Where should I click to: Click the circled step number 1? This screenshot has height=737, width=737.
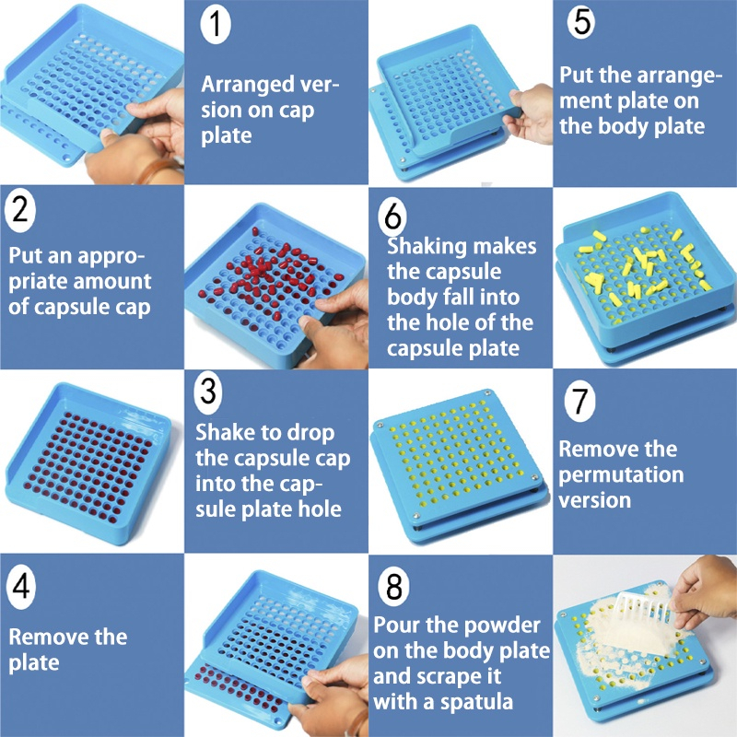(x=216, y=23)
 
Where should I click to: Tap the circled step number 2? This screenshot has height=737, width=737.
(x=20, y=210)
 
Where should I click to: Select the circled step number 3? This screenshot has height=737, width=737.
(x=209, y=392)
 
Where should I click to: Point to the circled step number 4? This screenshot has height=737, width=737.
(x=20, y=587)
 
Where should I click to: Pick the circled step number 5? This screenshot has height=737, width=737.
(x=581, y=22)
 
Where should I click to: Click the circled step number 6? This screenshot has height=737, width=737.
(x=393, y=216)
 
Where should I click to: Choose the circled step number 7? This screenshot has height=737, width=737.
(x=580, y=401)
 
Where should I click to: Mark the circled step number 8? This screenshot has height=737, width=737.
(x=393, y=586)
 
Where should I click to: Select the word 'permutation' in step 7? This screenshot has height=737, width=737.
(x=621, y=474)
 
